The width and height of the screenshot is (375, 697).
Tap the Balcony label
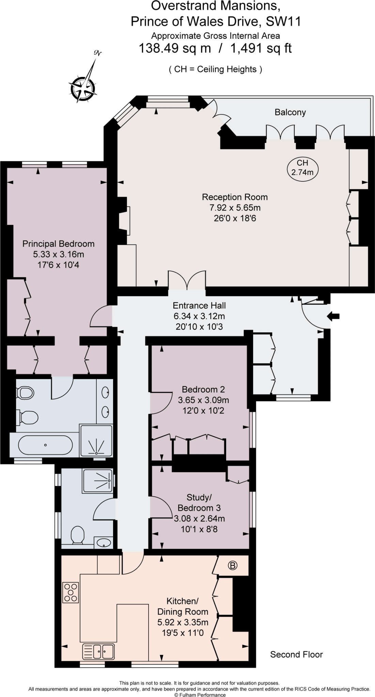point(290,112)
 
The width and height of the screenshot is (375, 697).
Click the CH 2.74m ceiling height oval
point(302,168)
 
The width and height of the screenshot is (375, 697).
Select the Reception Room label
point(235,197)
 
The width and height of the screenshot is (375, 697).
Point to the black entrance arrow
point(333,317)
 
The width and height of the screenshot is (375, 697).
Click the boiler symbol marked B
point(233,565)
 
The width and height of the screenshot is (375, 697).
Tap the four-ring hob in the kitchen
point(71,593)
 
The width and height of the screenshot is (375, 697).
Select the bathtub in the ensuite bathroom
point(45,445)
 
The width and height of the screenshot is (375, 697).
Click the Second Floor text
point(296,654)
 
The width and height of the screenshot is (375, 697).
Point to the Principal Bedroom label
point(58,244)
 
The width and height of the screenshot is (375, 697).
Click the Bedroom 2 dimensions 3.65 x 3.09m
point(203,400)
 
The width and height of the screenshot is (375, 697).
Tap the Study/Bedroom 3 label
point(199,503)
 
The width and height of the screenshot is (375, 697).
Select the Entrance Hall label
point(199,306)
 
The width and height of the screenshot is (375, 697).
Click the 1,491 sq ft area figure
point(261,48)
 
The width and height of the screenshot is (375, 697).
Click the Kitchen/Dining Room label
point(183,606)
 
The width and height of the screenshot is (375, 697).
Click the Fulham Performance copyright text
point(200,695)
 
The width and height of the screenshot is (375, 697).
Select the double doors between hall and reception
point(187,281)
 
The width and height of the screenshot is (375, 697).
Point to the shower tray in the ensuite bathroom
point(96,441)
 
